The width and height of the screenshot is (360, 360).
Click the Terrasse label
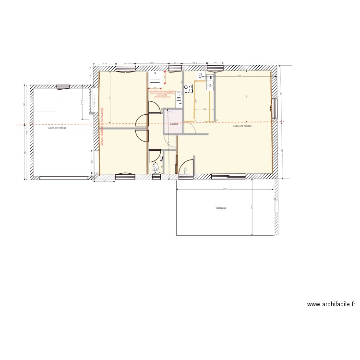click(220, 208)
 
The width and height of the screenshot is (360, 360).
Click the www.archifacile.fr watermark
click(331, 304)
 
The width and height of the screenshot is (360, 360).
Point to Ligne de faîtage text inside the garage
click(57, 128)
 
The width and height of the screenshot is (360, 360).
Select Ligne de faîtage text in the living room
click(242, 126)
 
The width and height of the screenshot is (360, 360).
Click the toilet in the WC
click(156, 168)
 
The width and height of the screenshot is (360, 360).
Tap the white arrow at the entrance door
click(186, 169)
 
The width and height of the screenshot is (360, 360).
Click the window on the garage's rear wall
click(63, 87)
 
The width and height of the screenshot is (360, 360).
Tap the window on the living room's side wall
click(275, 108)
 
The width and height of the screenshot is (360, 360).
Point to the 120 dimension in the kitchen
click(204, 109)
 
